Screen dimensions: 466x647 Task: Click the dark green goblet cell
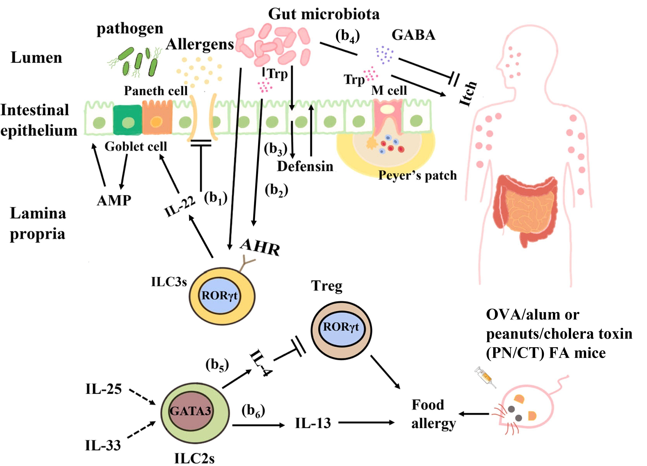pos(128,120)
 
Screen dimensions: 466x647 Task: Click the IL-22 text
pos(180,207)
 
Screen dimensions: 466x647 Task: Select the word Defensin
pos(305,166)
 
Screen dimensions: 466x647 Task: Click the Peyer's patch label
pos(417,175)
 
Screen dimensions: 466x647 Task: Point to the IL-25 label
pos(103,389)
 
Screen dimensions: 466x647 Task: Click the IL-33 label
pos(103,445)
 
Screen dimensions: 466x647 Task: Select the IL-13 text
pos(313,423)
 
